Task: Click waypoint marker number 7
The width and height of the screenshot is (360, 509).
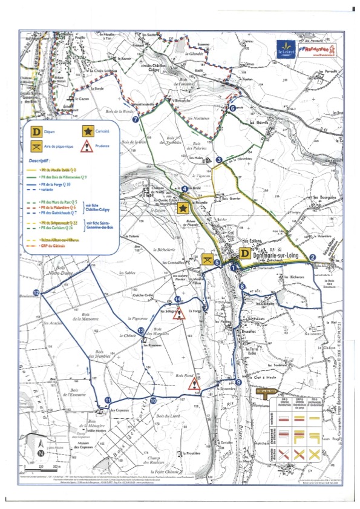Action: (136, 120)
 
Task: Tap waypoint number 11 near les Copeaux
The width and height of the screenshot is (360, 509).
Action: (107, 400)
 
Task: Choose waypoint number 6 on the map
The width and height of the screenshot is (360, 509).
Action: (233, 108)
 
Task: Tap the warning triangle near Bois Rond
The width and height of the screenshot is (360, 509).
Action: (193, 384)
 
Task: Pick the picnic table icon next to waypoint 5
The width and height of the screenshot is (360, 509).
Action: (209, 259)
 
